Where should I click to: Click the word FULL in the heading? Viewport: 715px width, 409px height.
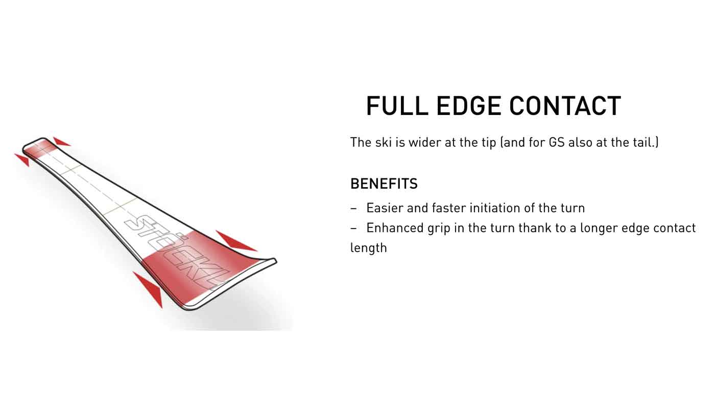point(397,106)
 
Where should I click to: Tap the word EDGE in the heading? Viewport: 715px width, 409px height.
point(469,106)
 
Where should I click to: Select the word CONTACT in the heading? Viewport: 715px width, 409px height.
point(565,106)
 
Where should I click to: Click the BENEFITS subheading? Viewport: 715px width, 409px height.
point(384,184)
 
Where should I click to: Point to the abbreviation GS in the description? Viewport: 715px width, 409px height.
point(557,143)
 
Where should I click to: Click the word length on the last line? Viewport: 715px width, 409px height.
point(369,248)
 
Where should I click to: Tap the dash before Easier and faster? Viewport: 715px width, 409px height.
point(353,209)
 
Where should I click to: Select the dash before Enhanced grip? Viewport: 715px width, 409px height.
point(353,229)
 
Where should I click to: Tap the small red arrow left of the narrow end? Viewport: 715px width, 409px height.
point(23,159)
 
